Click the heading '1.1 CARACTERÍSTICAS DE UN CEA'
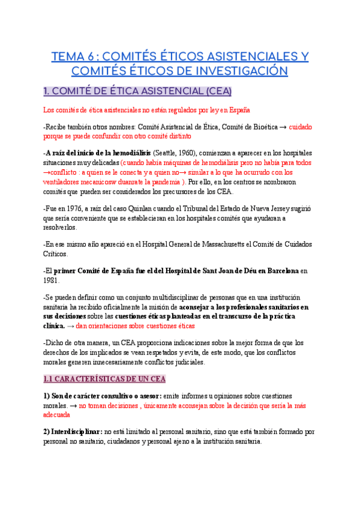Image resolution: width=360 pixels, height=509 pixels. pyautogui.click(x=105, y=379)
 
